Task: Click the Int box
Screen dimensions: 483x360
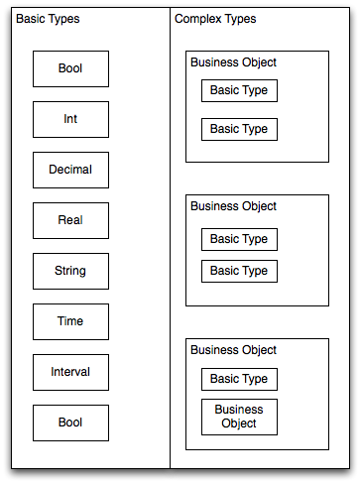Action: pos(70,119)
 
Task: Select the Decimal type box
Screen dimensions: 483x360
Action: pos(70,170)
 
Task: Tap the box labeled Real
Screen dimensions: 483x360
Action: pos(70,220)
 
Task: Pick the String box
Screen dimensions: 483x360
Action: pos(70,271)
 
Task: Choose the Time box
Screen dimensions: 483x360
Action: pos(70,321)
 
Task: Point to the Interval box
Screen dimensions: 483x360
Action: pos(70,372)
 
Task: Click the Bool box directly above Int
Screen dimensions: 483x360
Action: pos(70,68)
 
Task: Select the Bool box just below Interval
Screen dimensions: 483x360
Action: pos(70,423)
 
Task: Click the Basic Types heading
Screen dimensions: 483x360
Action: pos(49,20)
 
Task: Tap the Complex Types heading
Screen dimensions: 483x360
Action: pos(214,20)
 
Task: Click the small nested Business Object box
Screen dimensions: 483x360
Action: pos(239,417)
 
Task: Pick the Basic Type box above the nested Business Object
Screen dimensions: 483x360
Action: pos(239,379)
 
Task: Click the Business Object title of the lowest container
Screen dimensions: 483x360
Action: pos(233,350)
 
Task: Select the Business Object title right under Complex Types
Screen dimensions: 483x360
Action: pos(233,62)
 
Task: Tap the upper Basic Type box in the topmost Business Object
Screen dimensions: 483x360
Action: pos(239,91)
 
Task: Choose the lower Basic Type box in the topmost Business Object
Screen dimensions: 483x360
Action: pos(239,129)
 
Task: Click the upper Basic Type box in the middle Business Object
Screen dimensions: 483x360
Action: pos(239,239)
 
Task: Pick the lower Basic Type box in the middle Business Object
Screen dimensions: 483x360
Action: pos(239,271)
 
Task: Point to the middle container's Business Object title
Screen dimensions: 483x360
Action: pos(233,206)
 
